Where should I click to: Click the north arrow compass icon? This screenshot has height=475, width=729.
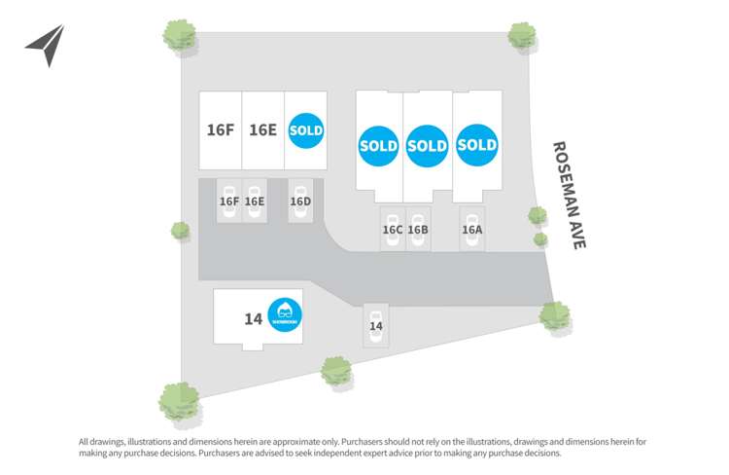[x=46, y=45]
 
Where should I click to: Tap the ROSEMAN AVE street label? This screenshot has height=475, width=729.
[x=570, y=196]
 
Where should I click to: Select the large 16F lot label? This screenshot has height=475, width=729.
[x=221, y=129]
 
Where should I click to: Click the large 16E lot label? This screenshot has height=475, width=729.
[x=262, y=129]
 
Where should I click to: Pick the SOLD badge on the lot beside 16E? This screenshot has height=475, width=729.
[x=305, y=129]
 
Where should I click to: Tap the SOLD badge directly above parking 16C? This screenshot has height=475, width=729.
[x=378, y=146]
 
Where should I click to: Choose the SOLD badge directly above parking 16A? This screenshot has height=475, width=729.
[x=476, y=146]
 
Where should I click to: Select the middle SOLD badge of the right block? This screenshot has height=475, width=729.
[x=427, y=146]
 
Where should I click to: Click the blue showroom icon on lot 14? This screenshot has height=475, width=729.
[x=285, y=314]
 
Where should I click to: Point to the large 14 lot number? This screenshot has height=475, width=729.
[x=254, y=317]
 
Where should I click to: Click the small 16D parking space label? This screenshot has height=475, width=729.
[x=300, y=201]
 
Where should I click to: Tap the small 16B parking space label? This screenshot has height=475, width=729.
[x=418, y=231]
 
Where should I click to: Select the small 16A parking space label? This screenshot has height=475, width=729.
[x=471, y=231]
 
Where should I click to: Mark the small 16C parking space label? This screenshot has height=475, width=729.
[x=393, y=231]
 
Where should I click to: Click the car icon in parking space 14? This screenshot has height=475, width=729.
[x=376, y=313]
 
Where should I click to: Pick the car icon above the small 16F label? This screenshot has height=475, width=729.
[x=230, y=187]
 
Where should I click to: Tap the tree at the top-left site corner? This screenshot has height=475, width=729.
[x=180, y=36]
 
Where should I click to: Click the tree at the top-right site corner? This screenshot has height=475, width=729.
[x=522, y=36]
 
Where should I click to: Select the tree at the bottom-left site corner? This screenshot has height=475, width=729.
[x=179, y=400]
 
